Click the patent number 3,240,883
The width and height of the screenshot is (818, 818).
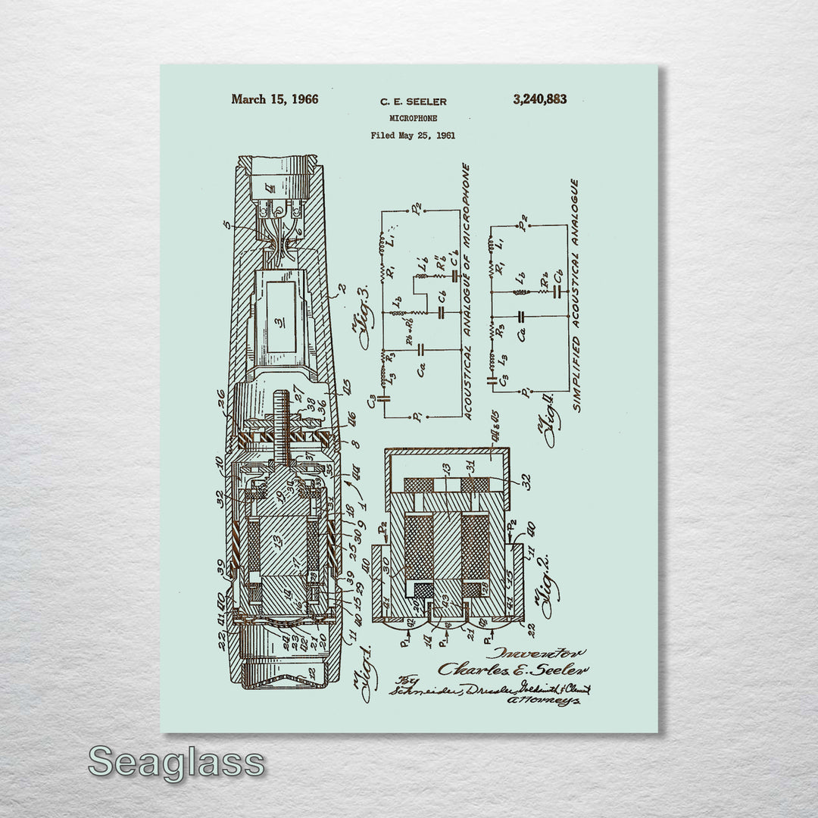click(539, 99)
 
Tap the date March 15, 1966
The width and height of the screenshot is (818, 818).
click(275, 99)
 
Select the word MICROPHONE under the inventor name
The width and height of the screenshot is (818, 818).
click(413, 119)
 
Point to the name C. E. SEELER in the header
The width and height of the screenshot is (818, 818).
click(413, 101)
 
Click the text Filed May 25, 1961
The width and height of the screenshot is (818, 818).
click(413, 136)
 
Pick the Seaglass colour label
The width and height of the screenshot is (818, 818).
click(176, 762)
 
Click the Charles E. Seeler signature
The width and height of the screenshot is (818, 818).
click(514, 669)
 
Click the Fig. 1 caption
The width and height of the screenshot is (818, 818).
click(363, 667)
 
